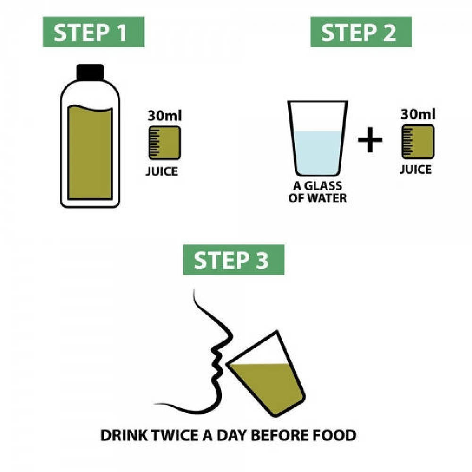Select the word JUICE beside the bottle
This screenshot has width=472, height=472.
161,171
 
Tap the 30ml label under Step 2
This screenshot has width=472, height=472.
418,114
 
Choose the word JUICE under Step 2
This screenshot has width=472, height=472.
415,169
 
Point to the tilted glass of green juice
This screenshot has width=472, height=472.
267,378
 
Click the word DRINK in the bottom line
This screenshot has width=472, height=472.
122,435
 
